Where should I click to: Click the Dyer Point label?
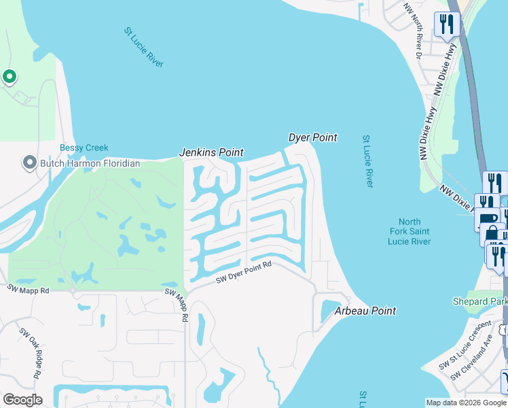(313, 137)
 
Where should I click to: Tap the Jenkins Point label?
(211, 153)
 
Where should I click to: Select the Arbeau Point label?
(365, 311)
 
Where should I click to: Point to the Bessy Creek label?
(84, 148)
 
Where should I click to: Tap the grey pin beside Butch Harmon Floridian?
(29, 163)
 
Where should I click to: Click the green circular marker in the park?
(9, 77)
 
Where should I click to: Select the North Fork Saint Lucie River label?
(410, 232)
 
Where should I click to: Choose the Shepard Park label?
(479, 301)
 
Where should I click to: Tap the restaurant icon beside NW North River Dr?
(446, 24)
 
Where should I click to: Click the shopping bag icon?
(492, 235)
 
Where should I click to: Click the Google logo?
(22, 400)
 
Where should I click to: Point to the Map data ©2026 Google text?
(466, 403)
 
